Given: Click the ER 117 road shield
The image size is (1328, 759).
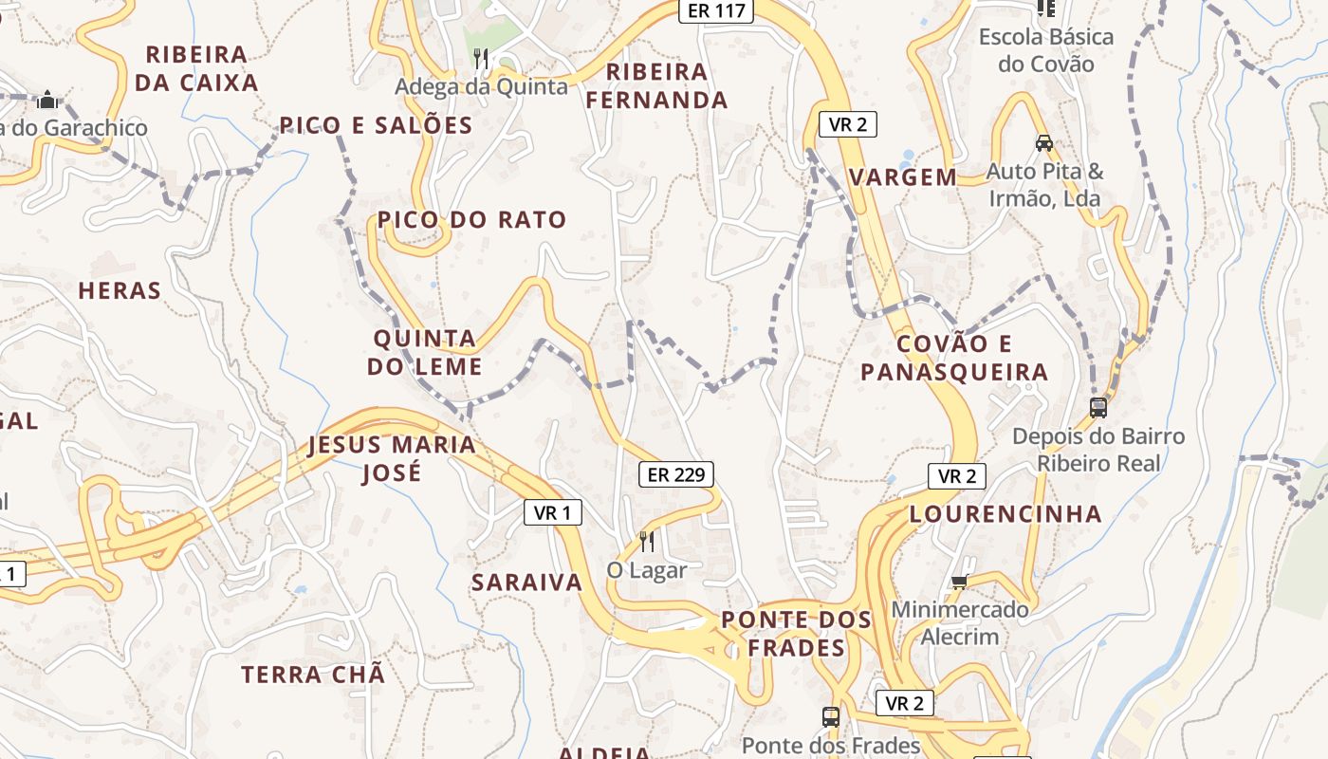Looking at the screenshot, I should (716, 10).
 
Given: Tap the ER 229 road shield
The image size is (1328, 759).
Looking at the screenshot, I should (675, 474).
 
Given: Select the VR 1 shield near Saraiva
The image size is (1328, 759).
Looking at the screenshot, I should (552, 513).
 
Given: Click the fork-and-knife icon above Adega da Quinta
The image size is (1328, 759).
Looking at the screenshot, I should (481, 59).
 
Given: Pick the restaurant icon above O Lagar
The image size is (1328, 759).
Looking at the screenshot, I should (647, 542).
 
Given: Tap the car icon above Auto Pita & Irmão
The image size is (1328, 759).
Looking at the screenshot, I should (1044, 143).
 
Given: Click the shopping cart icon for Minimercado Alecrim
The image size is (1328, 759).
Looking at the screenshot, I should (959, 581).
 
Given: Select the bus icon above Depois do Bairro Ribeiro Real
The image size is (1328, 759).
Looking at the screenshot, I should (1098, 408).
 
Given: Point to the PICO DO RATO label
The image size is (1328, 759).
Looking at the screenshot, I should (471, 220).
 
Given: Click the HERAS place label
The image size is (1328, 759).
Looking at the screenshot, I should (120, 291).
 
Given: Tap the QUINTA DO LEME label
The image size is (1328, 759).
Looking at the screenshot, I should (425, 352).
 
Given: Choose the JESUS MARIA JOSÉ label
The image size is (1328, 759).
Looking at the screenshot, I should (392, 459).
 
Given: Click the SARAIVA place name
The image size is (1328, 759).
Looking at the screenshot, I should (526, 583).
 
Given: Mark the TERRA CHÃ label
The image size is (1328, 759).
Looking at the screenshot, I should (313, 675).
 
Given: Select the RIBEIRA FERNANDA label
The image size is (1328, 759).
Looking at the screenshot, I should (656, 85).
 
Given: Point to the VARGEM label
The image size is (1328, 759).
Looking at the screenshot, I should (903, 177).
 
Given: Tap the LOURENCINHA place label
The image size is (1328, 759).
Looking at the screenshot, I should (1005, 514).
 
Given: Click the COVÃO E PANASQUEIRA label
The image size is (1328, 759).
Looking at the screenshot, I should (954, 358).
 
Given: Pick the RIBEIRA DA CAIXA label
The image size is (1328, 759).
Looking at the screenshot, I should (196, 68).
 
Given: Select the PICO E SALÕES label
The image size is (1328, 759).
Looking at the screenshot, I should (376, 125).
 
